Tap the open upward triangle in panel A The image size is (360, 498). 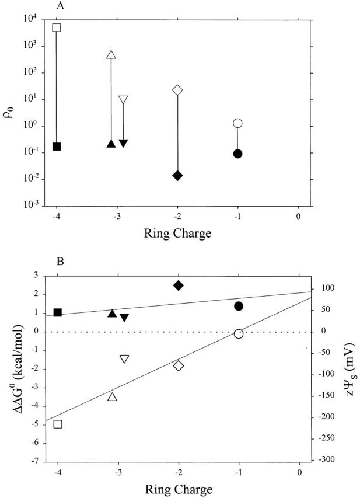click(112, 55)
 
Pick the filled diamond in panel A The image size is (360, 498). click(178, 176)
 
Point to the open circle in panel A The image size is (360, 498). click(237, 123)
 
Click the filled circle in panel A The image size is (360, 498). click(237, 154)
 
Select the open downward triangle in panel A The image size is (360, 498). click(123, 100)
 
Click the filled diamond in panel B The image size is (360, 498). click(179, 285)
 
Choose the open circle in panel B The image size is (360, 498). click(238, 333)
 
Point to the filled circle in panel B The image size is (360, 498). click(238, 306)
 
